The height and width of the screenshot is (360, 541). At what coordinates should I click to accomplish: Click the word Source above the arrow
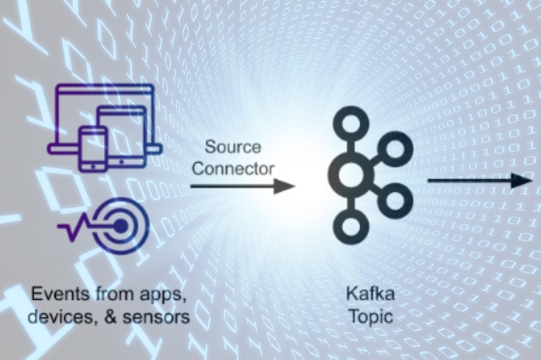233,148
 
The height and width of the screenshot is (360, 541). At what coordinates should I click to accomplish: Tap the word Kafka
364,295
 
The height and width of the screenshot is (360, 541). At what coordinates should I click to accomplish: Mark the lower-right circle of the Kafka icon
393,201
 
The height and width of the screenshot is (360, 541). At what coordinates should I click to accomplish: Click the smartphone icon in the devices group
93,147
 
